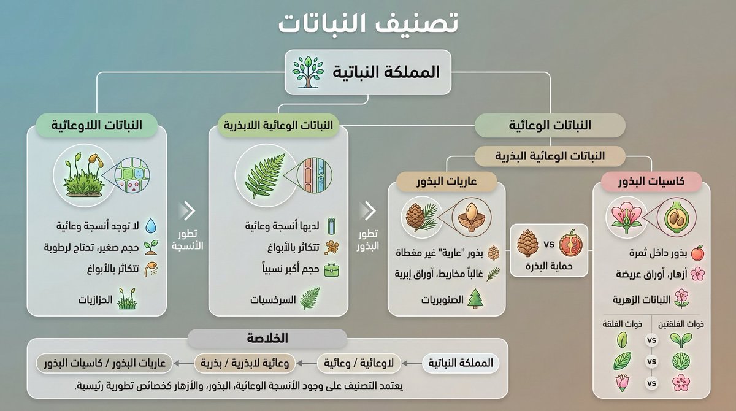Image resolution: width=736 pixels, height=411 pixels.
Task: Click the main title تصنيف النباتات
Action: coord(368,25)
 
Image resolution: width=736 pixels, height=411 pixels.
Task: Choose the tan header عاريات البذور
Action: coord(447,182)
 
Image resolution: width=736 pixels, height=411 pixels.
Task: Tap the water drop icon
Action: coord(151,227)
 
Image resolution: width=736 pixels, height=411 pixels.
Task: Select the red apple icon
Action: coord(697,253)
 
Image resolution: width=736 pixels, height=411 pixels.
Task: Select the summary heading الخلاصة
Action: coord(268,339)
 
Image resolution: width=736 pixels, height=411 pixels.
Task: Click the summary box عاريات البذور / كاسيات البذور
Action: coord(102,363)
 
